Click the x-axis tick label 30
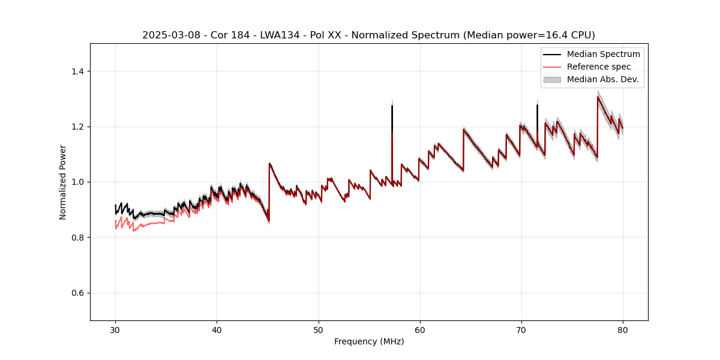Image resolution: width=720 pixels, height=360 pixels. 115,329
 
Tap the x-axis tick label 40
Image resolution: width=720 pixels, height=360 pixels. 217,329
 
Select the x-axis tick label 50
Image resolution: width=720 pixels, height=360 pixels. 318,329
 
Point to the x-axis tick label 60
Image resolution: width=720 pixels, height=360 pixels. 419,329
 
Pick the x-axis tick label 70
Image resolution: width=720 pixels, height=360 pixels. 521,329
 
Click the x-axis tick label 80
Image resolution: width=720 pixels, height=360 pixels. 622,329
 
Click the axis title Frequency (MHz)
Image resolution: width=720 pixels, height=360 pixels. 369,341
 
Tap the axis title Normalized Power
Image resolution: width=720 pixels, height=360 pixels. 63,182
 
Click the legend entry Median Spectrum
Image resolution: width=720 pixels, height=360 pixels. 603,54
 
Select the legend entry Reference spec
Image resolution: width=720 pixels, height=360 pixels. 599,67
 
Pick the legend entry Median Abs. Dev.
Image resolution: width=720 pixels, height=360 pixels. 602,79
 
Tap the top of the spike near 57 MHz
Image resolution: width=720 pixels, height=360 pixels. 392,106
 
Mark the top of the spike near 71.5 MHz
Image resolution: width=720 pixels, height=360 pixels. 537,106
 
